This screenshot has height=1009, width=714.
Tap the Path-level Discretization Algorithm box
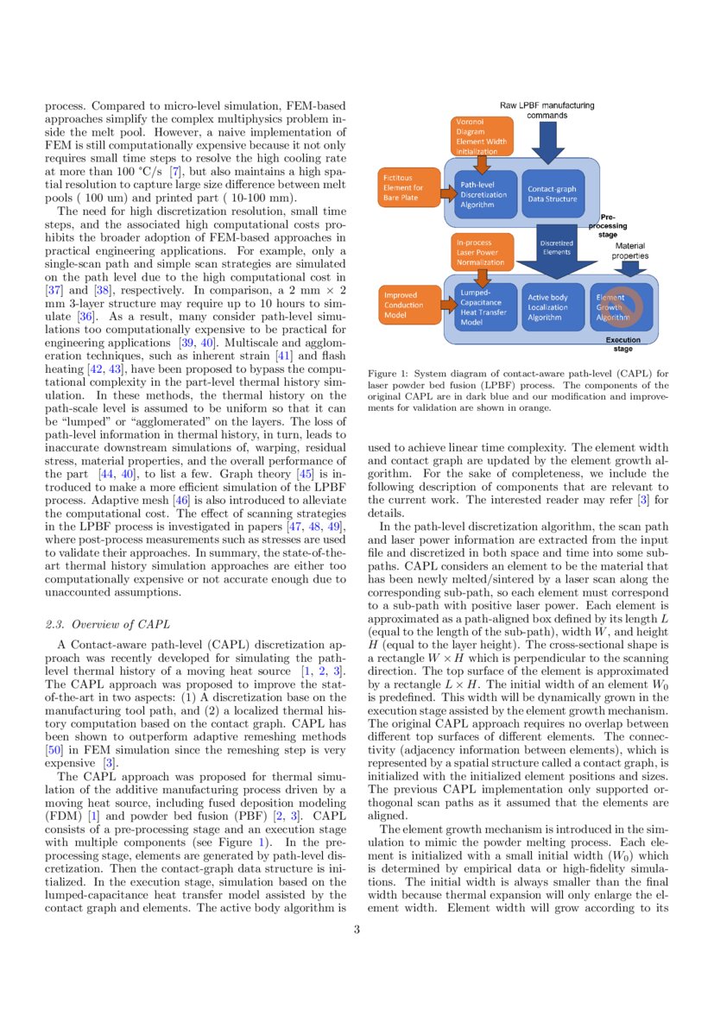click(483, 194)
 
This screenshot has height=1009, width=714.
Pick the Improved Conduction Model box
click(409, 305)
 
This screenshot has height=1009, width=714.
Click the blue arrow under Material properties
click(630, 268)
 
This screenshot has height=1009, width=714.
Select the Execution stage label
click(622, 344)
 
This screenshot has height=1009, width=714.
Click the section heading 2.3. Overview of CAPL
click(107, 624)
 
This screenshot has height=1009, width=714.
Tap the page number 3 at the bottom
click(357, 930)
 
